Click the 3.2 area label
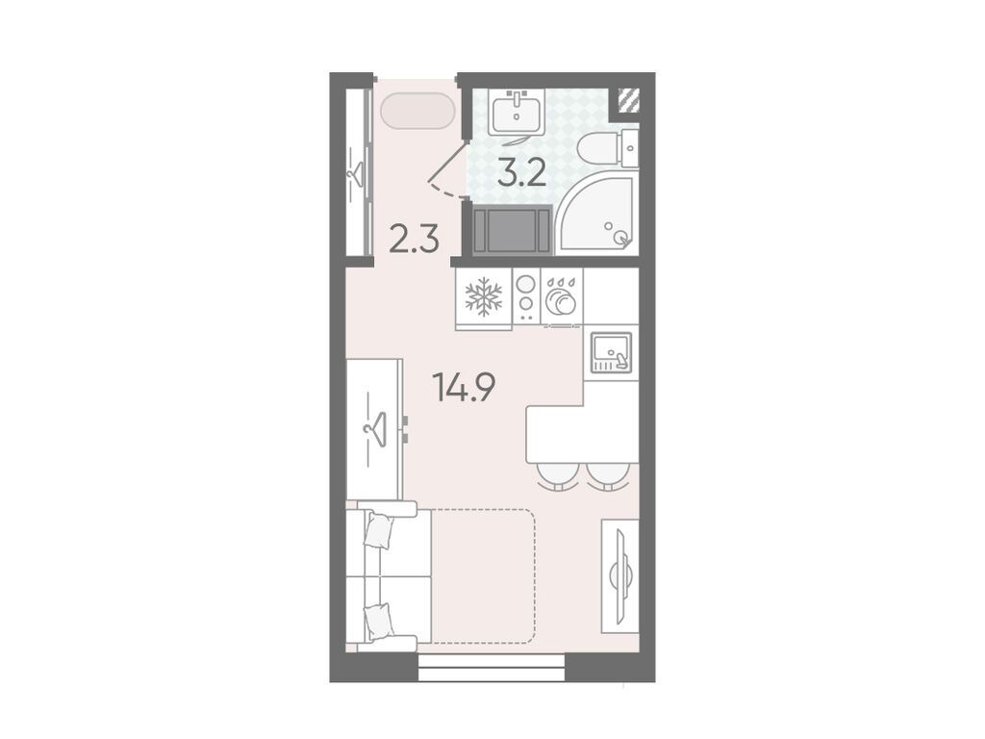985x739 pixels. point(521,172)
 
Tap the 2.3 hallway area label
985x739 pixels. point(414,239)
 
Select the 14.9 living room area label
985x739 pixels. point(465,387)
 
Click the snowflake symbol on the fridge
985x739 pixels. point(483,296)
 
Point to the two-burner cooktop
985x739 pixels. point(525,296)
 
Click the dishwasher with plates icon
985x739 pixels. point(561,296)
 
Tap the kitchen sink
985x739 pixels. point(611,352)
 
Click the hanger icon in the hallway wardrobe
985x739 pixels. point(358,174)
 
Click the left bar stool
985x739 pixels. point(557,476)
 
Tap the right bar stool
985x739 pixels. point(607,476)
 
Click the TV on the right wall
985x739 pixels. point(620,575)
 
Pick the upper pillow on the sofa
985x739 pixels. point(379,530)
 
